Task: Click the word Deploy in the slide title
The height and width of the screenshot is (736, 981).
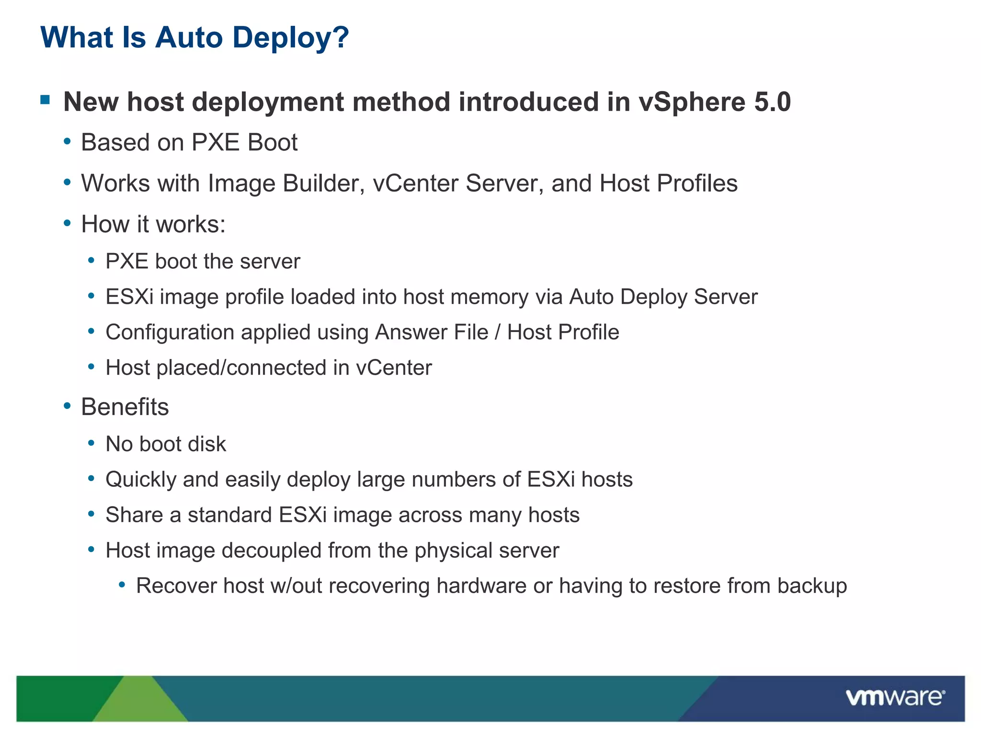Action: [x=285, y=38]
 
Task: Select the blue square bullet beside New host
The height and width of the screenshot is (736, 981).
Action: [x=46, y=100]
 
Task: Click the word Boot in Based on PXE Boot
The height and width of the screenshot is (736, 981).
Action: [x=272, y=143]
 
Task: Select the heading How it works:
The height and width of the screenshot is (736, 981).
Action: [x=153, y=224]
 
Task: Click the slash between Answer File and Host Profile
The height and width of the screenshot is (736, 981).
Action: [x=498, y=333]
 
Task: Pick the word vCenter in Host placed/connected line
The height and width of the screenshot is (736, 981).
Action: [x=394, y=368]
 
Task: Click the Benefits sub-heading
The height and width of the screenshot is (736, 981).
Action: [x=125, y=407]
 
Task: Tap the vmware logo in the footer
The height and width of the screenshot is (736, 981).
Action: [x=895, y=697]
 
